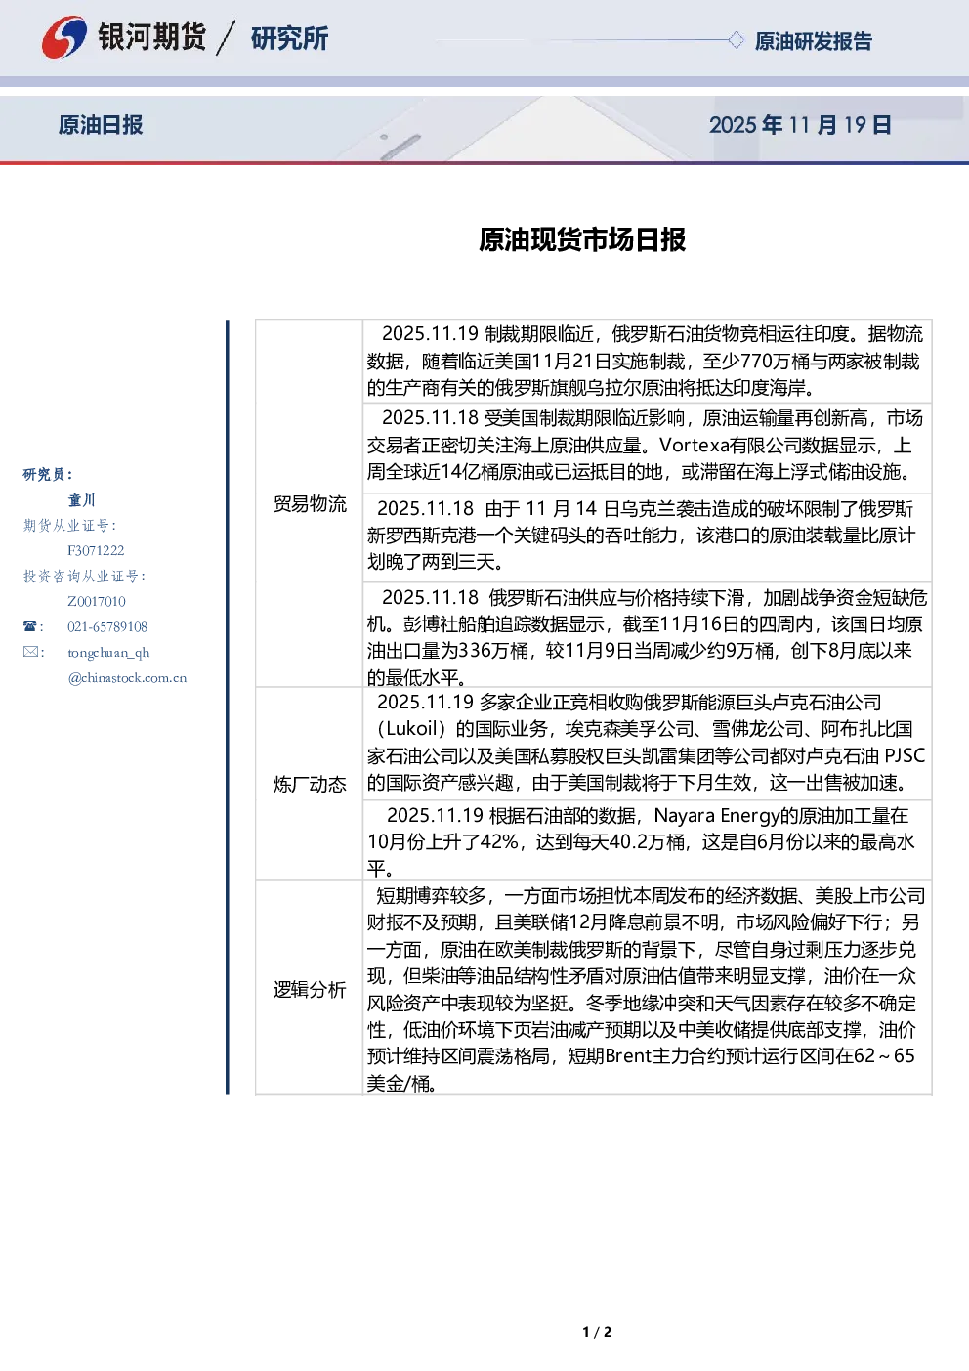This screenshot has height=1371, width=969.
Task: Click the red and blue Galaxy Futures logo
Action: click(64, 37)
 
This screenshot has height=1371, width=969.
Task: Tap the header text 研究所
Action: click(289, 38)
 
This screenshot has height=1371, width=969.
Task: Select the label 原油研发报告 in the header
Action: click(813, 41)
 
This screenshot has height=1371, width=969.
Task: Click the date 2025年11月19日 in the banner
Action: click(800, 125)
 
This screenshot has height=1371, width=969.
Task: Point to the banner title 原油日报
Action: click(101, 125)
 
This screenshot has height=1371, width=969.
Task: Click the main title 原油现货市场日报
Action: click(582, 239)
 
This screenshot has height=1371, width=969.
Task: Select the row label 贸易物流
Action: click(310, 503)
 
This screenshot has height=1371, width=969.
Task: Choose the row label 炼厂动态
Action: click(310, 784)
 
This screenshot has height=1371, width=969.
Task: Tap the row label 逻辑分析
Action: click(310, 989)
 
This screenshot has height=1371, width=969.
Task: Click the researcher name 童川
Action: click(81, 500)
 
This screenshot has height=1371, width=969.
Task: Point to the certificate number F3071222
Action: click(96, 550)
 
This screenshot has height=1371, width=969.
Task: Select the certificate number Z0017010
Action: click(97, 601)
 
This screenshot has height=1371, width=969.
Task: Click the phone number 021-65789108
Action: click(107, 626)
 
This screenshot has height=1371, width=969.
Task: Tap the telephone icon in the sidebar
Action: click(29, 626)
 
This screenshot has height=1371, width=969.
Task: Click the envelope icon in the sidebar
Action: click(30, 651)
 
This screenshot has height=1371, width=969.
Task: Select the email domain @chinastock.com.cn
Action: click(127, 677)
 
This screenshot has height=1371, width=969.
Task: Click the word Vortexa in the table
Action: click(694, 445)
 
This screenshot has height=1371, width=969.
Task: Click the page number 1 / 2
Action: click(597, 1332)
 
